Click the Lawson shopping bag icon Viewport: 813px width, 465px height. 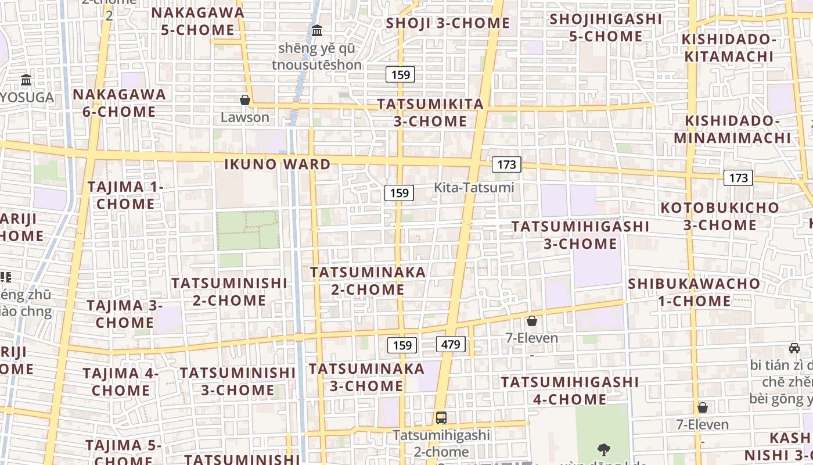coord(245,100)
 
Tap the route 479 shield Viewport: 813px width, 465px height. coord(451,344)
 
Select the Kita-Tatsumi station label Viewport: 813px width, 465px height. coord(474,187)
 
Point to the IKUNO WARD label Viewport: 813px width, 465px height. coord(278,164)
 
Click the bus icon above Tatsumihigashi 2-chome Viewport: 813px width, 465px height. coord(441,417)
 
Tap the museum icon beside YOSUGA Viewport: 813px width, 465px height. coord(26,80)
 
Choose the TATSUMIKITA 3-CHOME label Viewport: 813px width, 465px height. coord(430,113)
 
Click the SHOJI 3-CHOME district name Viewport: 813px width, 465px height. coord(448,23)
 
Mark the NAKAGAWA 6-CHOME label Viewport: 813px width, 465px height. coord(119,103)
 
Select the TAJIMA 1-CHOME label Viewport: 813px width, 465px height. coord(125,195)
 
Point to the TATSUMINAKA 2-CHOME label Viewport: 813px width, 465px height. coord(368,281)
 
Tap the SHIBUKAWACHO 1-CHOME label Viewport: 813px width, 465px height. coord(694,292)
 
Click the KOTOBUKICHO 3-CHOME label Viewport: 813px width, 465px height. coord(720,216)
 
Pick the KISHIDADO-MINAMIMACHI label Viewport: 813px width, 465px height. coord(732,129)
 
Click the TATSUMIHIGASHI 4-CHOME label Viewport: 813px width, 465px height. coord(570,391)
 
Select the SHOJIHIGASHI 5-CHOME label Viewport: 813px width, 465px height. coord(606,27)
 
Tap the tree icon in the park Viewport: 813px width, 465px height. coord(604,449)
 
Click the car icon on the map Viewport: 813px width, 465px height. coord(794,348)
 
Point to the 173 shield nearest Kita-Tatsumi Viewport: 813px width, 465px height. coord(506,164)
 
